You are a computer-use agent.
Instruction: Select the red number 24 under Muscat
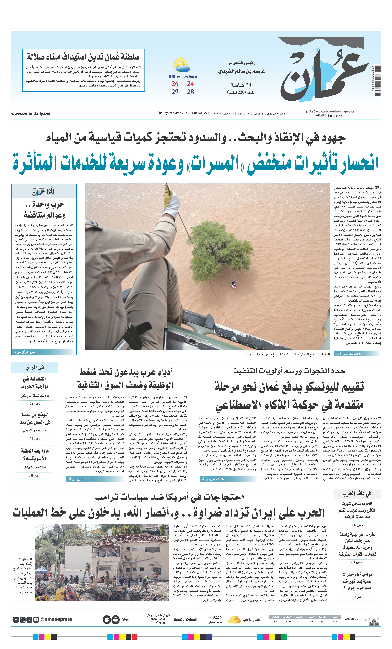(x=190, y=84)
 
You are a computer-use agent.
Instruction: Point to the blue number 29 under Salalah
(x=175, y=92)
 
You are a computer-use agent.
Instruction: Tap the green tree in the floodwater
(x=220, y=245)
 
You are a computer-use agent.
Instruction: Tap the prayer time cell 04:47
(x=335, y=622)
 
